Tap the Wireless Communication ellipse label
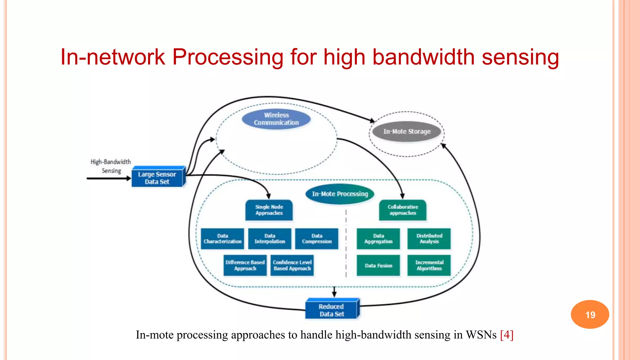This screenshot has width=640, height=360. click(276, 119)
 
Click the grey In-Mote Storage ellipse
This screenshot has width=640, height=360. click(407, 132)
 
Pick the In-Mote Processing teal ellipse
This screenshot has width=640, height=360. click(340, 194)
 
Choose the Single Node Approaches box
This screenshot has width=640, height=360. click(269, 210)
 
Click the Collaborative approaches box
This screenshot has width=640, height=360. click(402, 210)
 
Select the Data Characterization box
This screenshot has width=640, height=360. click(222, 239)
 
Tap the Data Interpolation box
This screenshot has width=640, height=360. click(270, 239)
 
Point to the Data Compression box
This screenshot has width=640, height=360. click(317, 239)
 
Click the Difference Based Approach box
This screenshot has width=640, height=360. click(245, 265)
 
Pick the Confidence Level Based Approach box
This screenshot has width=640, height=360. click(292, 265)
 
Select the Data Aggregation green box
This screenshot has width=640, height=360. click(378, 239)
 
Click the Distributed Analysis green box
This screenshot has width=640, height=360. click(429, 239)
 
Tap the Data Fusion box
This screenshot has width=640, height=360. click(378, 265)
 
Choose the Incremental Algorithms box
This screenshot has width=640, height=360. click(429, 265)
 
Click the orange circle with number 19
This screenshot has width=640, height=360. click(590, 314)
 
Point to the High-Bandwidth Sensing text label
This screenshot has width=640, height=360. click(111, 166)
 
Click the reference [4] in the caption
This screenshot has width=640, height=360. click(507, 335)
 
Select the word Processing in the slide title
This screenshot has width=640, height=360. click(228, 57)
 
